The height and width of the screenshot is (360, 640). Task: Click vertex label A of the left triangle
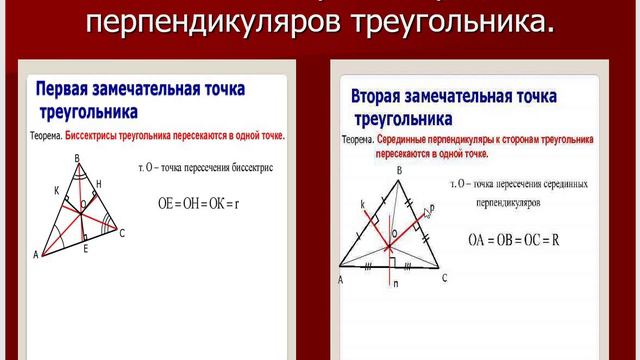(x=36, y=255)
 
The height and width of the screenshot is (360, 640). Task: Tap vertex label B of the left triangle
(x=79, y=158)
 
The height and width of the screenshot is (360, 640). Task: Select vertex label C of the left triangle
(x=122, y=233)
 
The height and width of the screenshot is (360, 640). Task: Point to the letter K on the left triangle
(x=57, y=189)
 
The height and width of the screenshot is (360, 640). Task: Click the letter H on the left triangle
(x=99, y=184)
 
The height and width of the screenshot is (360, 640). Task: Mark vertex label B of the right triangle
(x=398, y=171)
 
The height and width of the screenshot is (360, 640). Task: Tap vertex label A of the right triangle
(x=341, y=280)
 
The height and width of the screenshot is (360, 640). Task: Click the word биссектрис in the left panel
(x=249, y=166)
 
